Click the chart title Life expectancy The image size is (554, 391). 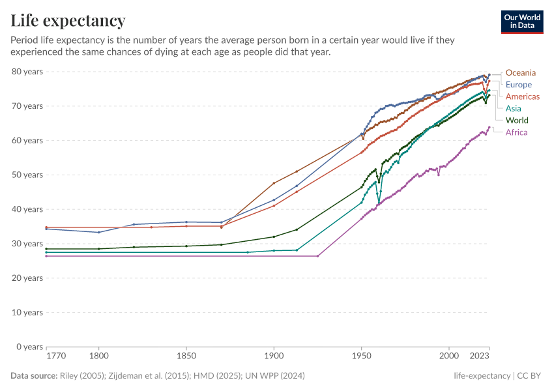pos(68,21)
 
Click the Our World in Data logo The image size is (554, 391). pos(522,22)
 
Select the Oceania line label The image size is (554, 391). pos(521,72)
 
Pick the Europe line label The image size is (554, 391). pos(519,85)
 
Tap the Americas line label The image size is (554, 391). pos(523,96)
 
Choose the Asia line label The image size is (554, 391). pos(514,108)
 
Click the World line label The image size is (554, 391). pos(517,121)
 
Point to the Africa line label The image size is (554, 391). pos(517,132)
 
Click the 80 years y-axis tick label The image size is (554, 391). pos(27,71)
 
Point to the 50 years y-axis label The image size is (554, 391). pos(27,175)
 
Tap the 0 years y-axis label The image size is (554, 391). pos(30,347)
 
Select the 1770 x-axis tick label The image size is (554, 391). pos(55,356)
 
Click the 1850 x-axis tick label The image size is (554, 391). pos(186,356)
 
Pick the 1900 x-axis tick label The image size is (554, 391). pos(274,356)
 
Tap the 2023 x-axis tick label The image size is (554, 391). pos(479,356)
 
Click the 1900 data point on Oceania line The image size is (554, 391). pos(274,183)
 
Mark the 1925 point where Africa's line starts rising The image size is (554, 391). pos(317,256)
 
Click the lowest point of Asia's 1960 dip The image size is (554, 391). pos(379,203)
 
